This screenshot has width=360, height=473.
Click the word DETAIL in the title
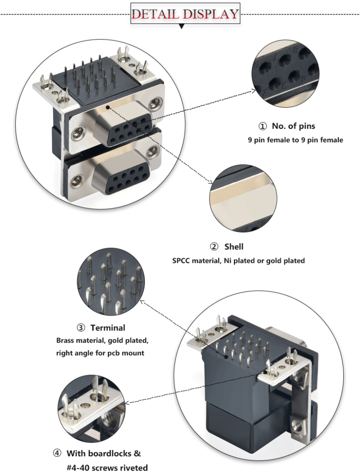[155, 13]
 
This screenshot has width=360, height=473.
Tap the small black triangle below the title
[182, 27]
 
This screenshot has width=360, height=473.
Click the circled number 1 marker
[262, 126]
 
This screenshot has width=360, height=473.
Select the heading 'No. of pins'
[294, 126]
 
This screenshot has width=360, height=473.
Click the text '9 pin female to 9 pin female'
[295, 139]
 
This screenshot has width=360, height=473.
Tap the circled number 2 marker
[215, 247]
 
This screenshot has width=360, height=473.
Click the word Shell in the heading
[234, 247]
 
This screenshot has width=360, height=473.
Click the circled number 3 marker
[81, 328]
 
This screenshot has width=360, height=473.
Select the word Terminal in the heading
[108, 328]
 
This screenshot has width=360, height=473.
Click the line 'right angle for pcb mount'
[100, 353]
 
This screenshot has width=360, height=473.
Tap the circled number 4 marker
[57, 453]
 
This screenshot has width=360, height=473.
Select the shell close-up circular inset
[243, 199]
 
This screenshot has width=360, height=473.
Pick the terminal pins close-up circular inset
[111, 282]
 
